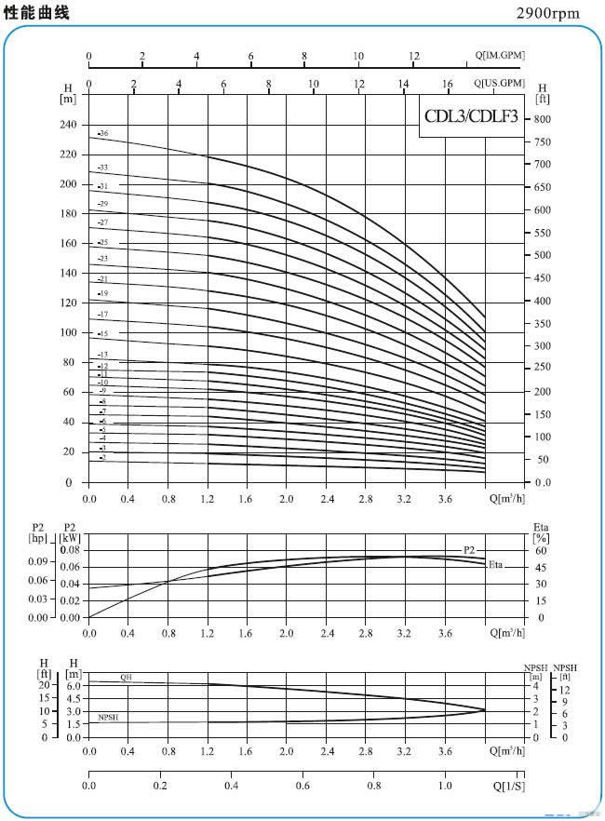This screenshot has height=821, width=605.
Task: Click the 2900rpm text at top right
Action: tap(547, 13)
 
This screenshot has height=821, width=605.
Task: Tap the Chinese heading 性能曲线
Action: tap(37, 12)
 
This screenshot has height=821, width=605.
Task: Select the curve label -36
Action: tap(103, 134)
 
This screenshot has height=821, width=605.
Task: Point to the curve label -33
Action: tap(103, 168)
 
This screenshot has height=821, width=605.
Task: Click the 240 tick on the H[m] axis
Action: tap(67, 125)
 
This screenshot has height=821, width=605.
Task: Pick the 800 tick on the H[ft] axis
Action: tap(543, 119)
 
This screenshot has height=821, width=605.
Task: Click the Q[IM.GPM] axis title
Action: tap(499, 56)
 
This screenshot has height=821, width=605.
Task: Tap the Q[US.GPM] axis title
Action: tap(499, 84)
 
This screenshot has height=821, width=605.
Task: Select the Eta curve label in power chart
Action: tap(496, 565)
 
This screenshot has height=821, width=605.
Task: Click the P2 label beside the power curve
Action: tap(469, 550)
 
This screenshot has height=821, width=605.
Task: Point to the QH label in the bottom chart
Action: tap(127, 678)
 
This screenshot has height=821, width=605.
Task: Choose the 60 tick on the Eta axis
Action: tap(541, 550)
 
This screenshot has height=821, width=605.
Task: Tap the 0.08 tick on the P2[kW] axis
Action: tap(71, 550)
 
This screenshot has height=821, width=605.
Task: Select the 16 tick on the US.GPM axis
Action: tap(448, 85)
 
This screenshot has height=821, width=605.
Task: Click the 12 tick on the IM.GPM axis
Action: tap(413, 56)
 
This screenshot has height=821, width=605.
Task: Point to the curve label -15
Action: tap(103, 333)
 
